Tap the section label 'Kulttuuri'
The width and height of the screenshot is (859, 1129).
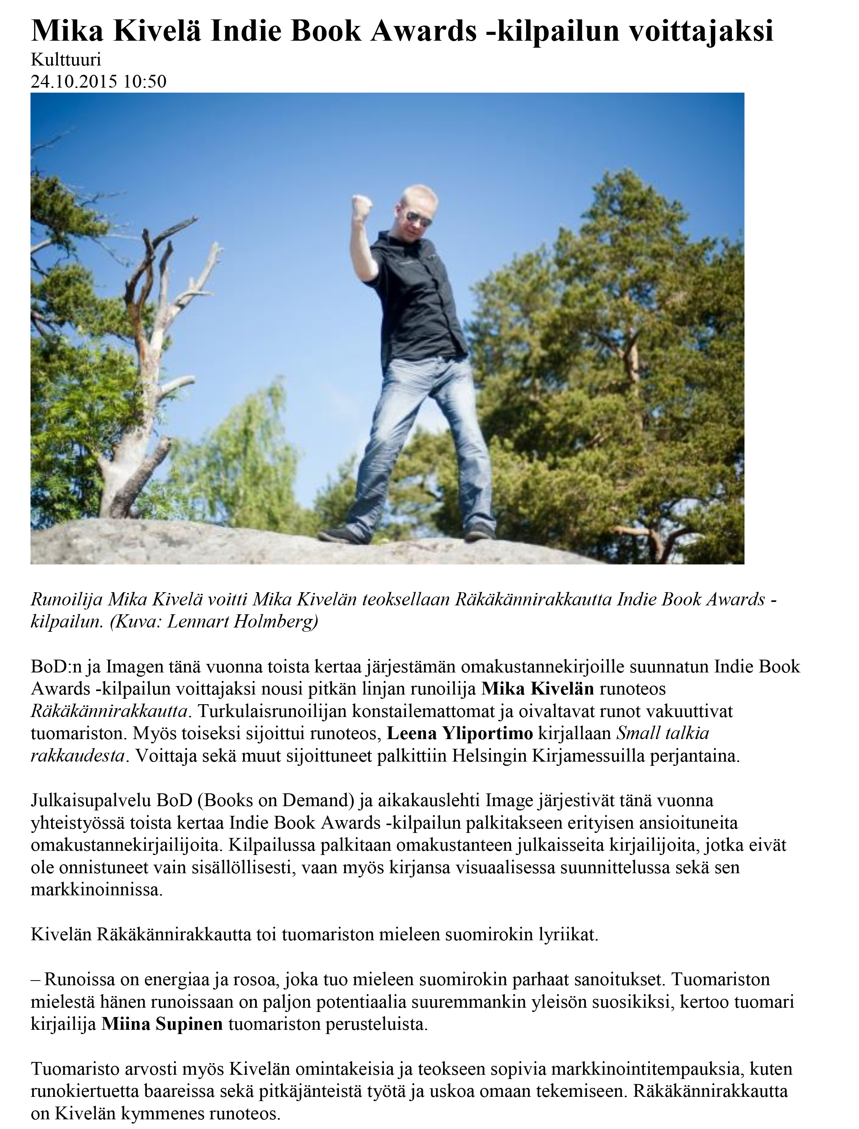pyautogui.click(x=66, y=60)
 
